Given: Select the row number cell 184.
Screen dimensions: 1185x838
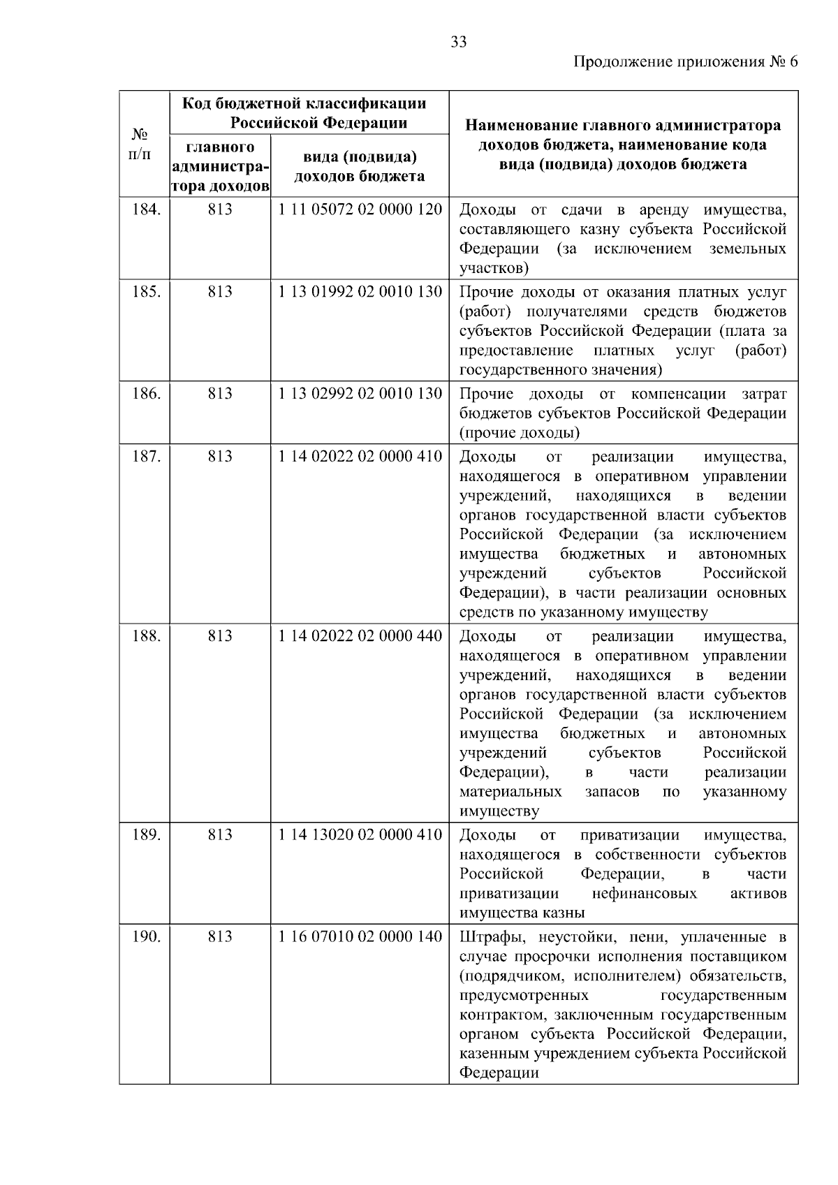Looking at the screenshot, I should pyautogui.click(x=146, y=209).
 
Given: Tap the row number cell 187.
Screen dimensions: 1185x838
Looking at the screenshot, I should pyautogui.click(x=146, y=457).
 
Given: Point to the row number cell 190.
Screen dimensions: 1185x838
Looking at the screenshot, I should pyautogui.click(x=146, y=936).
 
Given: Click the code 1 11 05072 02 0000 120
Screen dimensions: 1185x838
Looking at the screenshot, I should pyautogui.click(x=360, y=209).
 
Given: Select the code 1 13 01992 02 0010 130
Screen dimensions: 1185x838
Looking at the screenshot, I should pyautogui.click(x=360, y=291).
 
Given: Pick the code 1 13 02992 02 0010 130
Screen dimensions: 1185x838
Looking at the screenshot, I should pyautogui.click(x=360, y=393).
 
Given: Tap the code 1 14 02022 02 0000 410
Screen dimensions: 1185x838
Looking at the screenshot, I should pyautogui.click(x=360, y=457).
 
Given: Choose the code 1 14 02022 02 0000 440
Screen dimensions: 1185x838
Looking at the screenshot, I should pyautogui.click(x=360, y=636).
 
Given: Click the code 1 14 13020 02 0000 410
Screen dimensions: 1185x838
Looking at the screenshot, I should pyautogui.click(x=360, y=834).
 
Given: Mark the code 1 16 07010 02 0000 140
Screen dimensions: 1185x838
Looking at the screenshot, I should pyautogui.click(x=360, y=936).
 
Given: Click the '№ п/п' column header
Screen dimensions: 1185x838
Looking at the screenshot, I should pyautogui.click(x=142, y=143).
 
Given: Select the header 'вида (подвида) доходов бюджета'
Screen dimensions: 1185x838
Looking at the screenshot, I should pyautogui.click(x=360, y=166).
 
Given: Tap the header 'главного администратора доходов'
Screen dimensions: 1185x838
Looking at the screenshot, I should pyautogui.click(x=220, y=167).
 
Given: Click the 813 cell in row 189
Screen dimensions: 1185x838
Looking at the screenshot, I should pyautogui.click(x=220, y=834).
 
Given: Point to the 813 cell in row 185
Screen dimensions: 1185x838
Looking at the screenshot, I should pyautogui.click(x=220, y=291).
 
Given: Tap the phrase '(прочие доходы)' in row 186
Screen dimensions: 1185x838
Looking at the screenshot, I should pyautogui.click(x=520, y=433).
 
